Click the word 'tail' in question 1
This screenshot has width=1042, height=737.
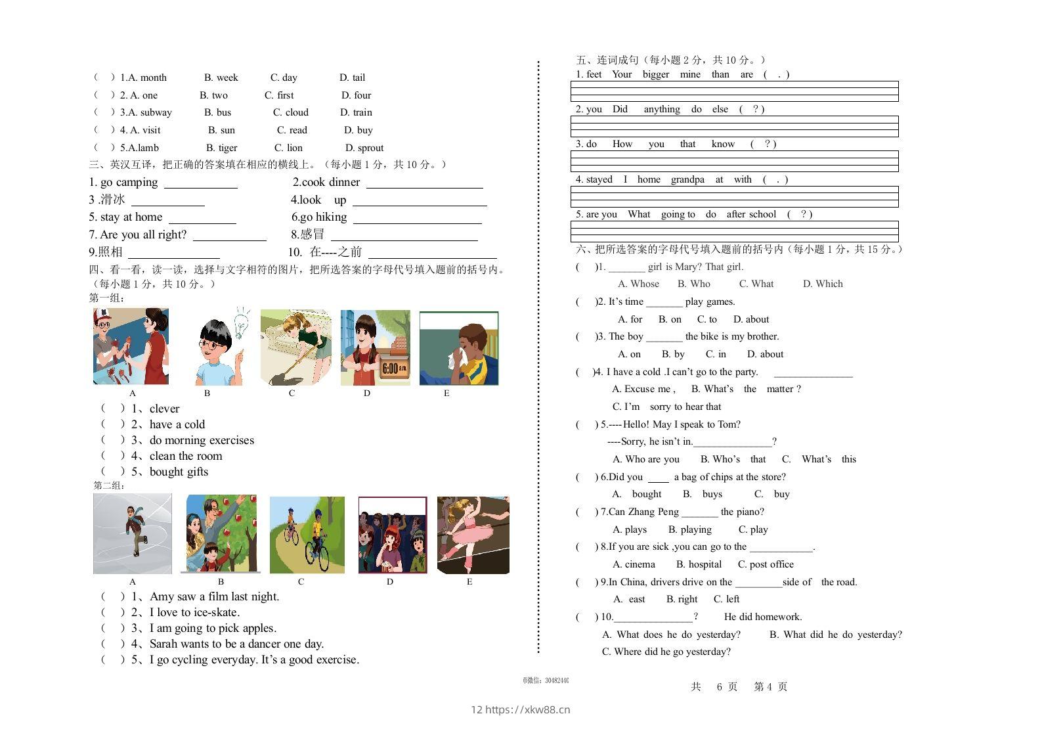point(358,78)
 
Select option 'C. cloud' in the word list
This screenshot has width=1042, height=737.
point(291,112)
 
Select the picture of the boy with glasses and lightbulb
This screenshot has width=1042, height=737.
point(220,346)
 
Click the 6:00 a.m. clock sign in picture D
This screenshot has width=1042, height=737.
point(394,368)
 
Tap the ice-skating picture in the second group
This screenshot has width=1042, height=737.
point(133,534)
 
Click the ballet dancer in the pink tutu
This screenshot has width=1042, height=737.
point(473,535)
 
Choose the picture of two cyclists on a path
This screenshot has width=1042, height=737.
point(307,535)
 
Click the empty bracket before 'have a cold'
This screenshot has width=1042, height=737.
point(112,424)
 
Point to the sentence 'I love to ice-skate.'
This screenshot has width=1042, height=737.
point(194,612)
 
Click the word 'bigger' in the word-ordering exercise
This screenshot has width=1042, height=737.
point(655,74)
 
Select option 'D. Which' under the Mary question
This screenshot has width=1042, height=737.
point(823,284)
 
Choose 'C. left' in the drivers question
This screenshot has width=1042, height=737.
point(726,599)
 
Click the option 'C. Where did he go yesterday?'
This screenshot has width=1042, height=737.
point(666,652)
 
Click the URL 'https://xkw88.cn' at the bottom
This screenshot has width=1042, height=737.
point(527,709)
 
